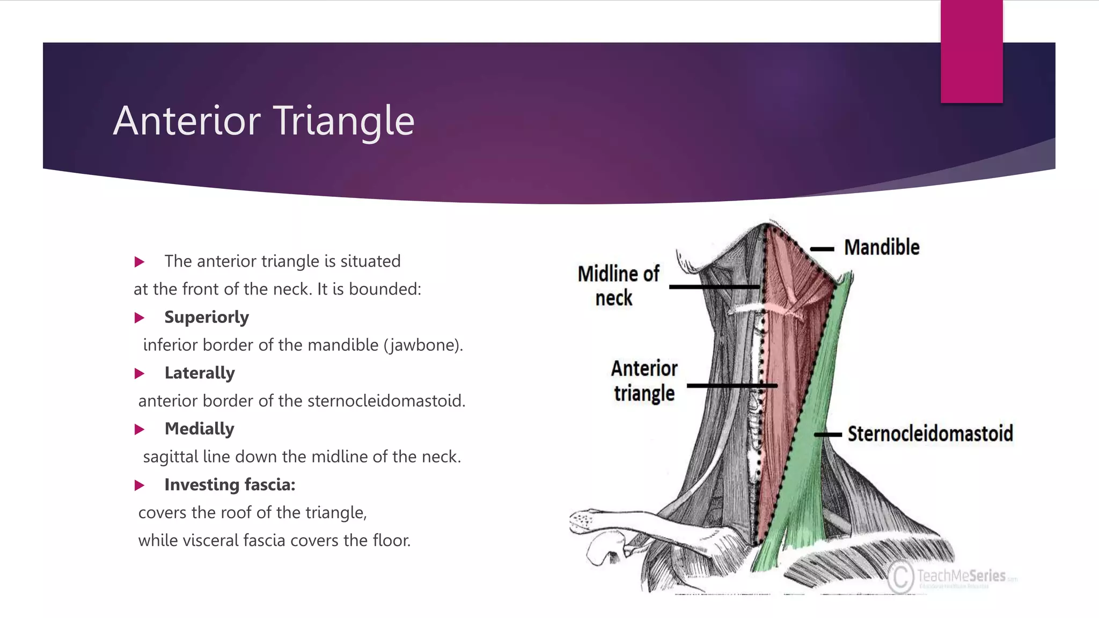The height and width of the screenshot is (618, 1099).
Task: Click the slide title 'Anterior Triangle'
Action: point(263,121)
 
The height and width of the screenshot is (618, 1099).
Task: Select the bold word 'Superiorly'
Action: point(207,317)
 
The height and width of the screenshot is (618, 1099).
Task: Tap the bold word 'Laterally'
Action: point(200,373)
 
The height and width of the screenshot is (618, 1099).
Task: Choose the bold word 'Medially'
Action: point(199,429)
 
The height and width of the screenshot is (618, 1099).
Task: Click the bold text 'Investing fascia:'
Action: point(230,484)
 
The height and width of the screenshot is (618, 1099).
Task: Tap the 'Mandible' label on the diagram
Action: point(882,247)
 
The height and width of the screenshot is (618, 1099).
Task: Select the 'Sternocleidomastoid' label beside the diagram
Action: point(930,433)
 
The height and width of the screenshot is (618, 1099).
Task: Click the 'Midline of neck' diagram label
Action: point(618,285)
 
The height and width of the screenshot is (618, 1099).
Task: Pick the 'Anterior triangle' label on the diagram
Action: point(644,381)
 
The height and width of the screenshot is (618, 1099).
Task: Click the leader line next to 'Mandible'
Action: point(822,249)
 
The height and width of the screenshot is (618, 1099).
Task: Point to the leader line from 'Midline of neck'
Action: point(714,287)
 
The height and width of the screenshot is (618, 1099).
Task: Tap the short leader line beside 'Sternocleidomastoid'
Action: point(828,435)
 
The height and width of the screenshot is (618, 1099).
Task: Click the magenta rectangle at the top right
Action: point(971,51)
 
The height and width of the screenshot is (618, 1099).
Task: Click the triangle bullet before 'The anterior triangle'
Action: point(140,262)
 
